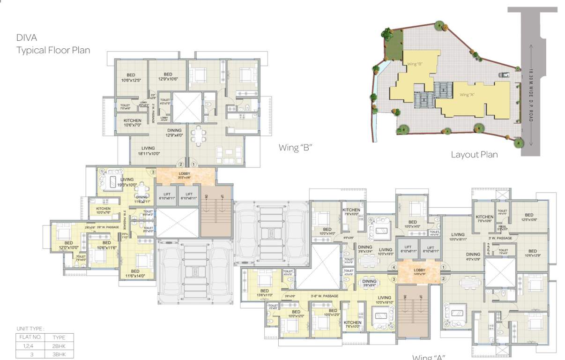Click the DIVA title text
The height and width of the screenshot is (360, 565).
27,37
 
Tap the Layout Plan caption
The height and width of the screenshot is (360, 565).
474,154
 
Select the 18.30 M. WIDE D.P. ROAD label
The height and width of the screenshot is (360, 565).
531,96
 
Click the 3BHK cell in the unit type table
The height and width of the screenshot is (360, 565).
59,355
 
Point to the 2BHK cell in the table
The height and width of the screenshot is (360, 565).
59,346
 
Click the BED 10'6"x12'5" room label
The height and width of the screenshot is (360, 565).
131,77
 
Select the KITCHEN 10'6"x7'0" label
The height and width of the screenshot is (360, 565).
133,123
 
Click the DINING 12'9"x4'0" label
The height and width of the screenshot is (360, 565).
174,133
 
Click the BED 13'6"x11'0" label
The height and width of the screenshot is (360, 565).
265,293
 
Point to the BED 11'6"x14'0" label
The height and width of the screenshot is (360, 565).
135,274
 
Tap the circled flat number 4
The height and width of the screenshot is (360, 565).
394,268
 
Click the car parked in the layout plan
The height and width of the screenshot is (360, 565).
505,74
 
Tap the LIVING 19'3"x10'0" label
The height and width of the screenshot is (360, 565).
127,182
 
